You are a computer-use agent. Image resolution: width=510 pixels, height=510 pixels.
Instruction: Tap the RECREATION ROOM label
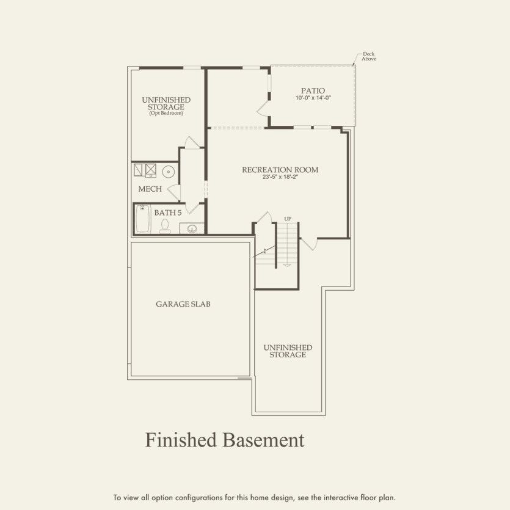coord(280,170)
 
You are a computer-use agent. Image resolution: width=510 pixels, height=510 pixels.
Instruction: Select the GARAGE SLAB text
coord(183,304)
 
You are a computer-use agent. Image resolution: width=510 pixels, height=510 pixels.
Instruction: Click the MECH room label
coord(150,189)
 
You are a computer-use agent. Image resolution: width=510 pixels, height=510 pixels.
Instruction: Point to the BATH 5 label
coord(167,213)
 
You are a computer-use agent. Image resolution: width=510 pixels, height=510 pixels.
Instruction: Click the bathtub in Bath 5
coord(142,219)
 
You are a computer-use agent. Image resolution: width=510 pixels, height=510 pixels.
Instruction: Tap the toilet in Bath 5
coord(164,227)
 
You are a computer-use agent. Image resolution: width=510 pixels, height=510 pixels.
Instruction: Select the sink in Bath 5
coord(192,229)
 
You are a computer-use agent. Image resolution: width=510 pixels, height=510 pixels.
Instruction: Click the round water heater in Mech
coord(169,172)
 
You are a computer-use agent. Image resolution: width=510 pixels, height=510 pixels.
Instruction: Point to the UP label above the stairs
coord(288,219)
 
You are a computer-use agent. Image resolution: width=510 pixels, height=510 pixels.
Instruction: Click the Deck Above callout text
coord(369,56)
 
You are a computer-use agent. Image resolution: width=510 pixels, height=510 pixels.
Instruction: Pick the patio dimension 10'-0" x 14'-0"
coord(313,98)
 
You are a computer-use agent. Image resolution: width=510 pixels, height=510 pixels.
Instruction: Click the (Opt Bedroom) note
coord(166,114)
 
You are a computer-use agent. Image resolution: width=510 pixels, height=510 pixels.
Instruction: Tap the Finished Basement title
coord(224,440)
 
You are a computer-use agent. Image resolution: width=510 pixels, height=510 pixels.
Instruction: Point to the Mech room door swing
coord(175,192)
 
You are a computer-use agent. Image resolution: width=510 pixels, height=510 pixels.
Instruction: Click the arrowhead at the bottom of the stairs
coord(287,265)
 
